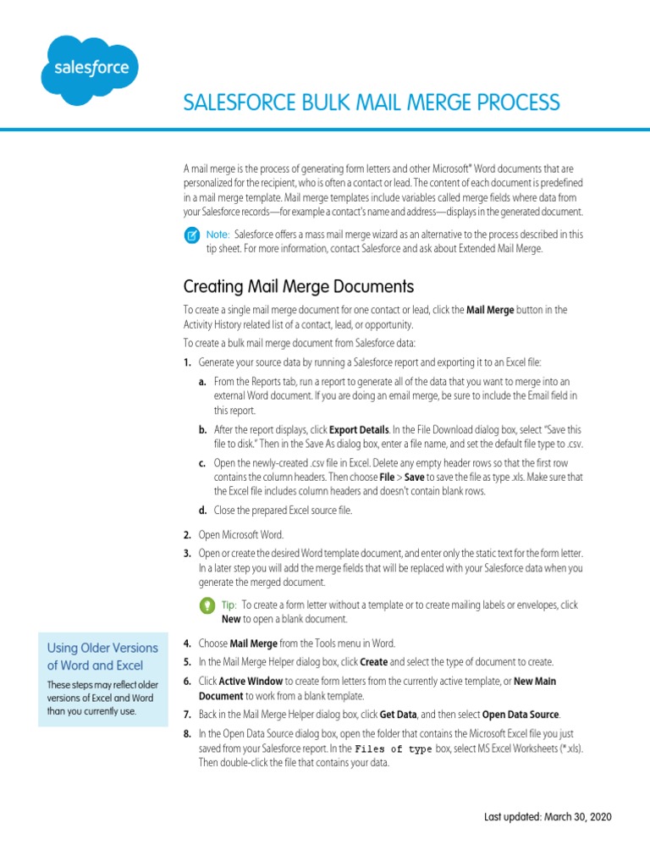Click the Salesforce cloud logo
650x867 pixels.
pos(91,69)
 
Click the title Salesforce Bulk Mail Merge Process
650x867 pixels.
pos(372,102)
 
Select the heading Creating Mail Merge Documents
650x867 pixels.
pos(299,285)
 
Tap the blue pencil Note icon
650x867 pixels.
pos(192,235)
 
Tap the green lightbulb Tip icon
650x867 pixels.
pos(207,605)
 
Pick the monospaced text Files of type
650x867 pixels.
pos(394,750)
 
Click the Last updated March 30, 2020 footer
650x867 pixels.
pos(547,817)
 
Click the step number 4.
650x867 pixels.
pos(186,643)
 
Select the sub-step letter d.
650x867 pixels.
pos(202,510)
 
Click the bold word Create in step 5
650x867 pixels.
pos(374,661)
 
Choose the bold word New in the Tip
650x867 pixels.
pos(231,619)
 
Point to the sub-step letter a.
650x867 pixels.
pos(202,382)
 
